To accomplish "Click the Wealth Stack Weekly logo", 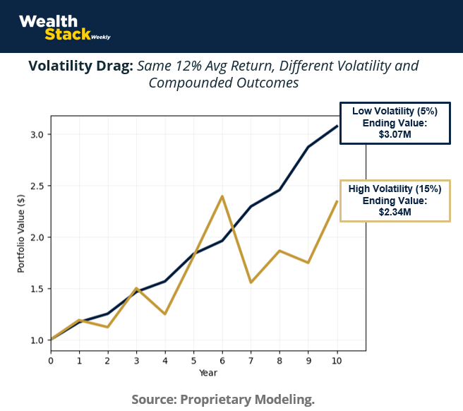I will (64, 28).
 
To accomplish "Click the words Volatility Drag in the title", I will (80, 66).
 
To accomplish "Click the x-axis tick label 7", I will (251, 360).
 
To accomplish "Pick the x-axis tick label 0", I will (51, 360).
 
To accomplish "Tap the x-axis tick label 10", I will (337, 360).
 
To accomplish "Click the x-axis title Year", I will (208, 372).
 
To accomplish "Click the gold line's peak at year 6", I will (222, 196).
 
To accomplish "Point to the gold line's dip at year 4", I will (165, 314).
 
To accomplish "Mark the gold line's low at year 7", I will (251, 282).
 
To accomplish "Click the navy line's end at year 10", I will (337, 126).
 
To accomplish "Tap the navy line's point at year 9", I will (308, 147).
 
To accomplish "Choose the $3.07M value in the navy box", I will (395, 133).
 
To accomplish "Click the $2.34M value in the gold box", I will (395, 211).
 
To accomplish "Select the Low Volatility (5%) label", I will (395, 112).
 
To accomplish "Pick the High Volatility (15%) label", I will (395, 189).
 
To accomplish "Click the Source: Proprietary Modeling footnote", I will (223, 399).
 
